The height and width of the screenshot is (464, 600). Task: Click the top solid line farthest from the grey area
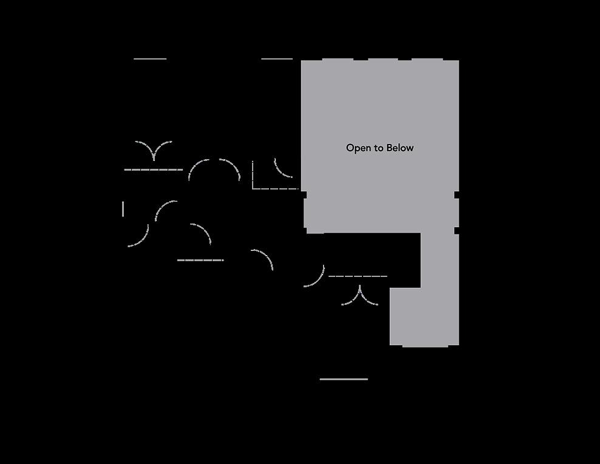tap(150, 59)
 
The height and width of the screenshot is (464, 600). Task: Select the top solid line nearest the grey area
tap(277, 59)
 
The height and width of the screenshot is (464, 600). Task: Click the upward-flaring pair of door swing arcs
tap(154, 149)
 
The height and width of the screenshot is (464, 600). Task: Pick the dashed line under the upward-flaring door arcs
tap(153, 169)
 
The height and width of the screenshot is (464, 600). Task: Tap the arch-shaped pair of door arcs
tap(214, 169)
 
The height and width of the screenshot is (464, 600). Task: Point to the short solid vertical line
tap(123, 209)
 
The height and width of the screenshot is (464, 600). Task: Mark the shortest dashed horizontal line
tap(200, 260)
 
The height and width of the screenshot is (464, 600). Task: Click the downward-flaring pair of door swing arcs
tap(360, 296)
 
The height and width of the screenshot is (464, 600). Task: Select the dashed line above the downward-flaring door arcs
tap(358, 276)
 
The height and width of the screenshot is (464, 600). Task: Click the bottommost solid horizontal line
tap(344, 379)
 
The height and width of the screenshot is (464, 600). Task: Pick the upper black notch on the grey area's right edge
tap(457, 194)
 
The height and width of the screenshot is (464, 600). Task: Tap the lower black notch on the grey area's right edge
tap(457, 230)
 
